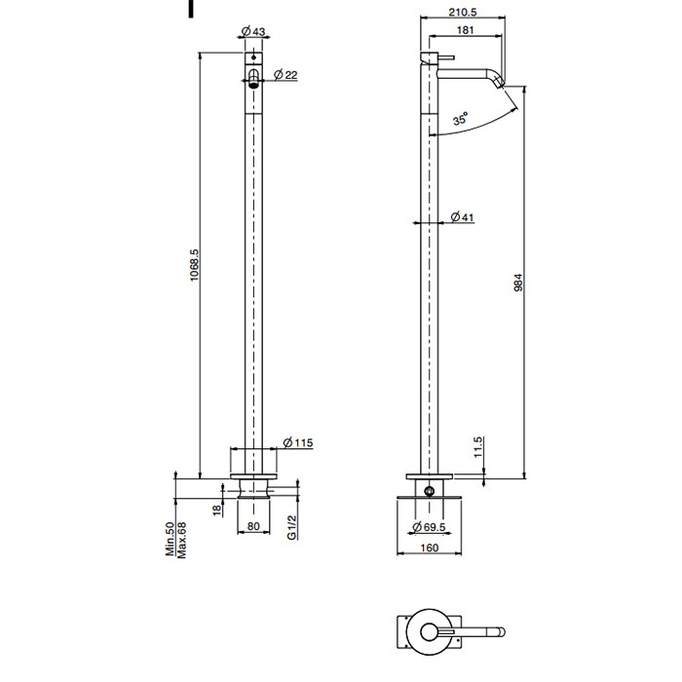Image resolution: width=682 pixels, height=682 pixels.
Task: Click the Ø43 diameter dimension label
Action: [x=253, y=31]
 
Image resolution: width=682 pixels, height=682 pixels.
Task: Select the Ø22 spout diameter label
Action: [x=285, y=75]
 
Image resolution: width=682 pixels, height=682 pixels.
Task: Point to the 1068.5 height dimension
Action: [x=194, y=265]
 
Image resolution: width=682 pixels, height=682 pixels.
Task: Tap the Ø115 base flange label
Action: [x=298, y=442]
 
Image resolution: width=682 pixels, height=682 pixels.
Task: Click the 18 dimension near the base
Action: [x=217, y=510]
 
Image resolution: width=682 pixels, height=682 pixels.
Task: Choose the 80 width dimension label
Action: [x=253, y=526]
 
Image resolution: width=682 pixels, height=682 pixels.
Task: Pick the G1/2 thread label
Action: [x=292, y=528]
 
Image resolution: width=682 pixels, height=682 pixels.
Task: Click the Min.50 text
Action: [x=170, y=540]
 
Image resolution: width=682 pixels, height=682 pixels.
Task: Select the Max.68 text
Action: [x=181, y=540]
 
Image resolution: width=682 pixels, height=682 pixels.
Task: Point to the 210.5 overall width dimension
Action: [x=463, y=12]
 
